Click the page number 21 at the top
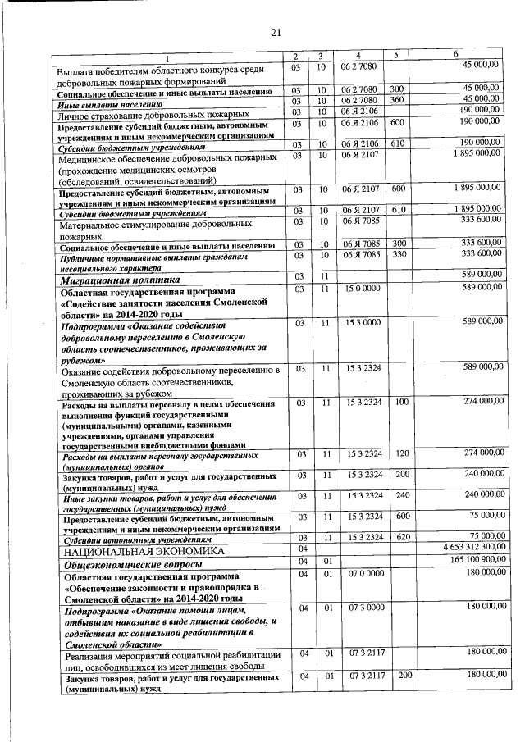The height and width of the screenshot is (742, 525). [x=276, y=33]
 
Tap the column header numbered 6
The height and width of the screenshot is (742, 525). [x=456, y=54]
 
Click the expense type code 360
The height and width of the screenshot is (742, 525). [x=398, y=99]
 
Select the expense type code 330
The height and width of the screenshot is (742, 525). [x=399, y=255]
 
